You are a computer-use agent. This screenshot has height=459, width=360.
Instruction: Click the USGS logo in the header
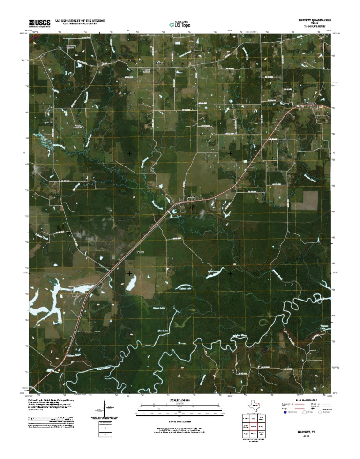39,23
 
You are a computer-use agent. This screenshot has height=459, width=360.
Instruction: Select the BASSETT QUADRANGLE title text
315,20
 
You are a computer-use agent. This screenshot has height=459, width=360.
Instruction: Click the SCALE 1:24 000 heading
180,401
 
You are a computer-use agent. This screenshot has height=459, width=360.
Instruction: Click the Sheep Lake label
159,308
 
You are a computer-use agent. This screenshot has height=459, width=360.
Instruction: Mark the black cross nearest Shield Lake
230,273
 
